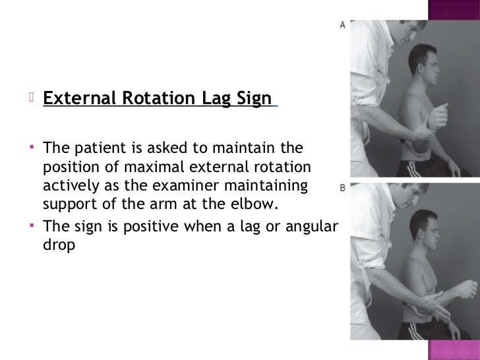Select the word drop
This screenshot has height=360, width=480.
tap(58, 243)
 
